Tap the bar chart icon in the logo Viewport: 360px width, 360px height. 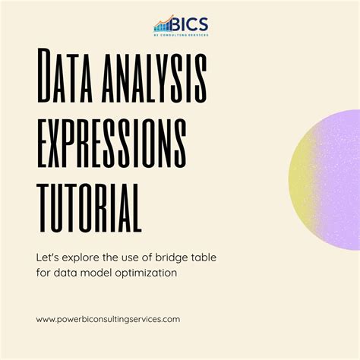point(163,24)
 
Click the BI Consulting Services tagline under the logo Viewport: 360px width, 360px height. point(181,34)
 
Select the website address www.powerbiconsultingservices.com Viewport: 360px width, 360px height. point(108,319)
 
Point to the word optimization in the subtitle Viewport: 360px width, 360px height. point(146,273)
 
